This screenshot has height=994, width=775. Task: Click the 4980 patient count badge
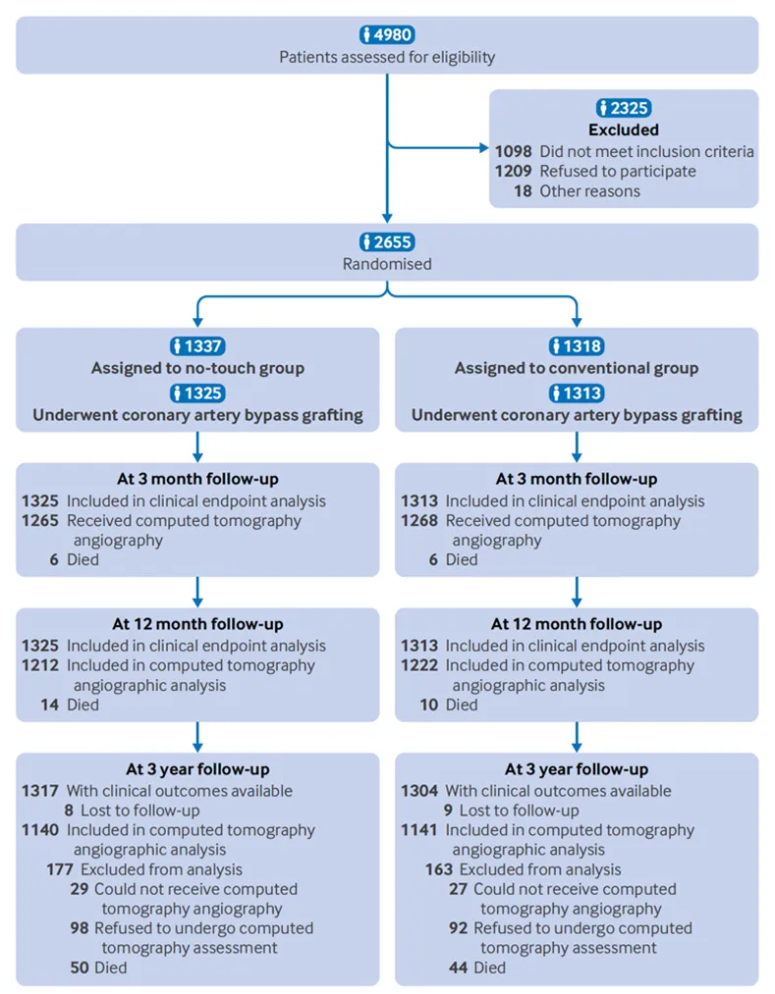pos(387,34)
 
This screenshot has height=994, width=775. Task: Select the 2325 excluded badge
pos(624,108)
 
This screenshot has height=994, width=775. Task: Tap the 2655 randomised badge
pos(387,241)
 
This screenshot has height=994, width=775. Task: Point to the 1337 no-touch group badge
pos(198,346)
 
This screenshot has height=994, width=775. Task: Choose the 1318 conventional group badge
pos(577,346)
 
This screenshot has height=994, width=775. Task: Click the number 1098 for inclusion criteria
pos(514,151)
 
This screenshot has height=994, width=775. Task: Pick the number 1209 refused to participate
pos(514,171)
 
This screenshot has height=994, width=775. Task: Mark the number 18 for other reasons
pos(523,190)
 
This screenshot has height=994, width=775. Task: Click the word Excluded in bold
pos(624,130)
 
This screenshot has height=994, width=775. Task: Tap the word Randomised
pos(387,264)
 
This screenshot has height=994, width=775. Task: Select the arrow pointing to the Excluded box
pos(438,148)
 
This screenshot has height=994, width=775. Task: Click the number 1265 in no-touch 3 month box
pos(40,520)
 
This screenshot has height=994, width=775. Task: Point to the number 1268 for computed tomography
pos(419,520)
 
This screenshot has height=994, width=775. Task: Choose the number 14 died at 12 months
pos(49,705)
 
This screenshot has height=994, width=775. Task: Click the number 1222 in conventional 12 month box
pos(419,665)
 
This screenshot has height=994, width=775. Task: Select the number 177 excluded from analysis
pos(60,869)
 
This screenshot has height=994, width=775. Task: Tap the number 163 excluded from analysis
pos(439,869)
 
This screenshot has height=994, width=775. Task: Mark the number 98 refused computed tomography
pos(80,928)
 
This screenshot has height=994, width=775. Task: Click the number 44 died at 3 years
pos(459,968)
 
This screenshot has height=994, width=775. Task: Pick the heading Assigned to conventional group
pos(577,368)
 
